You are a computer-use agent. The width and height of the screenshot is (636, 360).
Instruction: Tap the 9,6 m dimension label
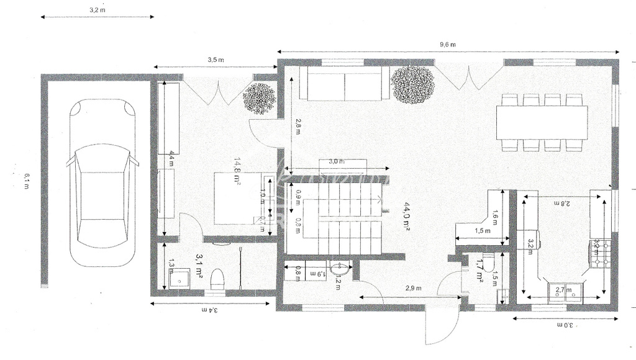pos(448,45)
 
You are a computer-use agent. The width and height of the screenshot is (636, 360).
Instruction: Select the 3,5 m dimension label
pos(216,60)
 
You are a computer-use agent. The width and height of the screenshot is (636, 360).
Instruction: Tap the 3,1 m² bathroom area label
pos(201,264)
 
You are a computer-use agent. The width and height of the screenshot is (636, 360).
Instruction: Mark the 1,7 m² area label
pos(479,271)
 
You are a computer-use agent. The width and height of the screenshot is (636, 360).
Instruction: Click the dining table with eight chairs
pos(542,122)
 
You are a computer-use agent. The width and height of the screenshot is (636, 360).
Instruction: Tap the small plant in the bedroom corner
pos(259,98)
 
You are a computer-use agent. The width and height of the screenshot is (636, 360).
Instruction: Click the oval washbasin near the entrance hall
pos(340,269)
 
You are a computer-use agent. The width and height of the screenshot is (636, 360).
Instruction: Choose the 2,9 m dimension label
pos(413,289)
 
